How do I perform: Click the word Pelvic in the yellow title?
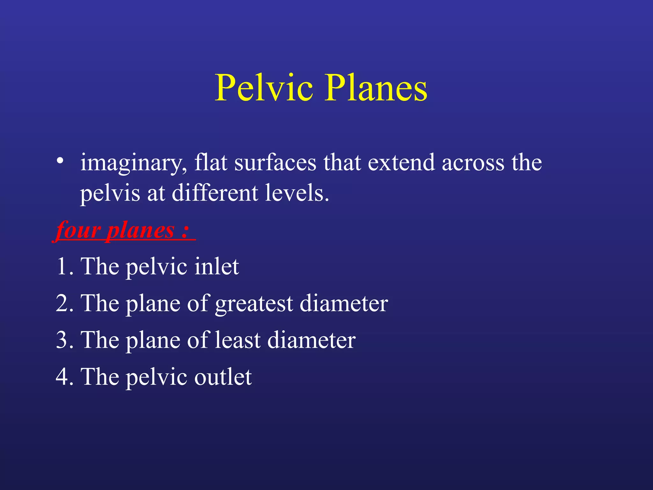[x=264, y=87]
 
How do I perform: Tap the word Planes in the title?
[x=376, y=87]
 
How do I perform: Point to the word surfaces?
[x=275, y=162]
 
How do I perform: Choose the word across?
[x=473, y=163]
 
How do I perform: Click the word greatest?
[x=254, y=304]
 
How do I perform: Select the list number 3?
[x=62, y=340]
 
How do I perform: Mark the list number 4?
[x=62, y=377]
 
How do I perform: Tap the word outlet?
[x=223, y=377]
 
